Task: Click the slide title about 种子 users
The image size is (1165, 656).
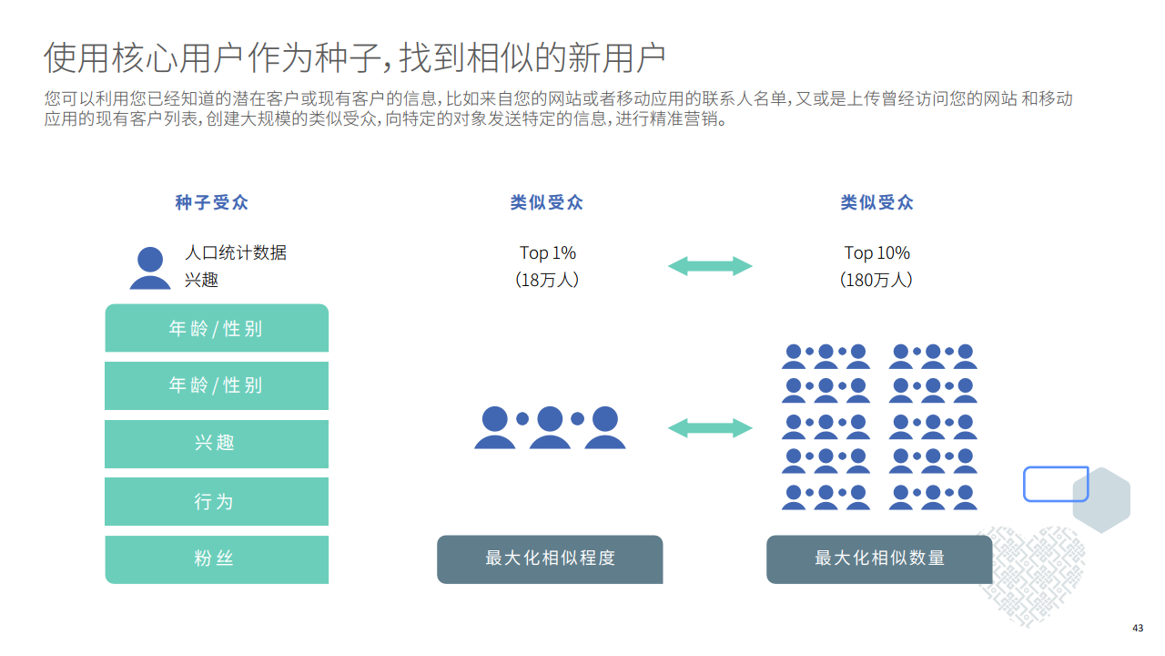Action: (355, 57)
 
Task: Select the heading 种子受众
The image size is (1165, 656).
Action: (211, 202)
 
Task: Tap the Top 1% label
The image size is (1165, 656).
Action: (548, 252)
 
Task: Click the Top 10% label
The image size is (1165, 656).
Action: (876, 252)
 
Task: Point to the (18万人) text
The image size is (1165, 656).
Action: (548, 280)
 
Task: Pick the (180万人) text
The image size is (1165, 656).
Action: (876, 280)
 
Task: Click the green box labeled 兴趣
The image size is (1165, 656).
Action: (217, 444)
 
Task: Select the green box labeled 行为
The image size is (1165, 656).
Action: (217, 501)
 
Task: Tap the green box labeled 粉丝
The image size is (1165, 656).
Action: (217, 559)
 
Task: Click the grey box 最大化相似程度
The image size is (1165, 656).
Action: (550, 559)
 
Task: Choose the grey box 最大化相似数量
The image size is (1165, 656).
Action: (879, 559)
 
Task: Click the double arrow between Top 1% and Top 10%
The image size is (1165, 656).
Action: (710, 266)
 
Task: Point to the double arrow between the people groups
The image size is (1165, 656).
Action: (710, 427)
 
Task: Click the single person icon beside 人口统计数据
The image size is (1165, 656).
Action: (150, 269)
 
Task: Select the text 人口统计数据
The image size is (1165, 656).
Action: (236, 252)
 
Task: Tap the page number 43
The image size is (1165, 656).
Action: (1138, 628)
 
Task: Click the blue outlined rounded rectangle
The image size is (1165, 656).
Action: (1056, 484)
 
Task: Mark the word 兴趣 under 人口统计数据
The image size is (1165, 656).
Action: (201, 280)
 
